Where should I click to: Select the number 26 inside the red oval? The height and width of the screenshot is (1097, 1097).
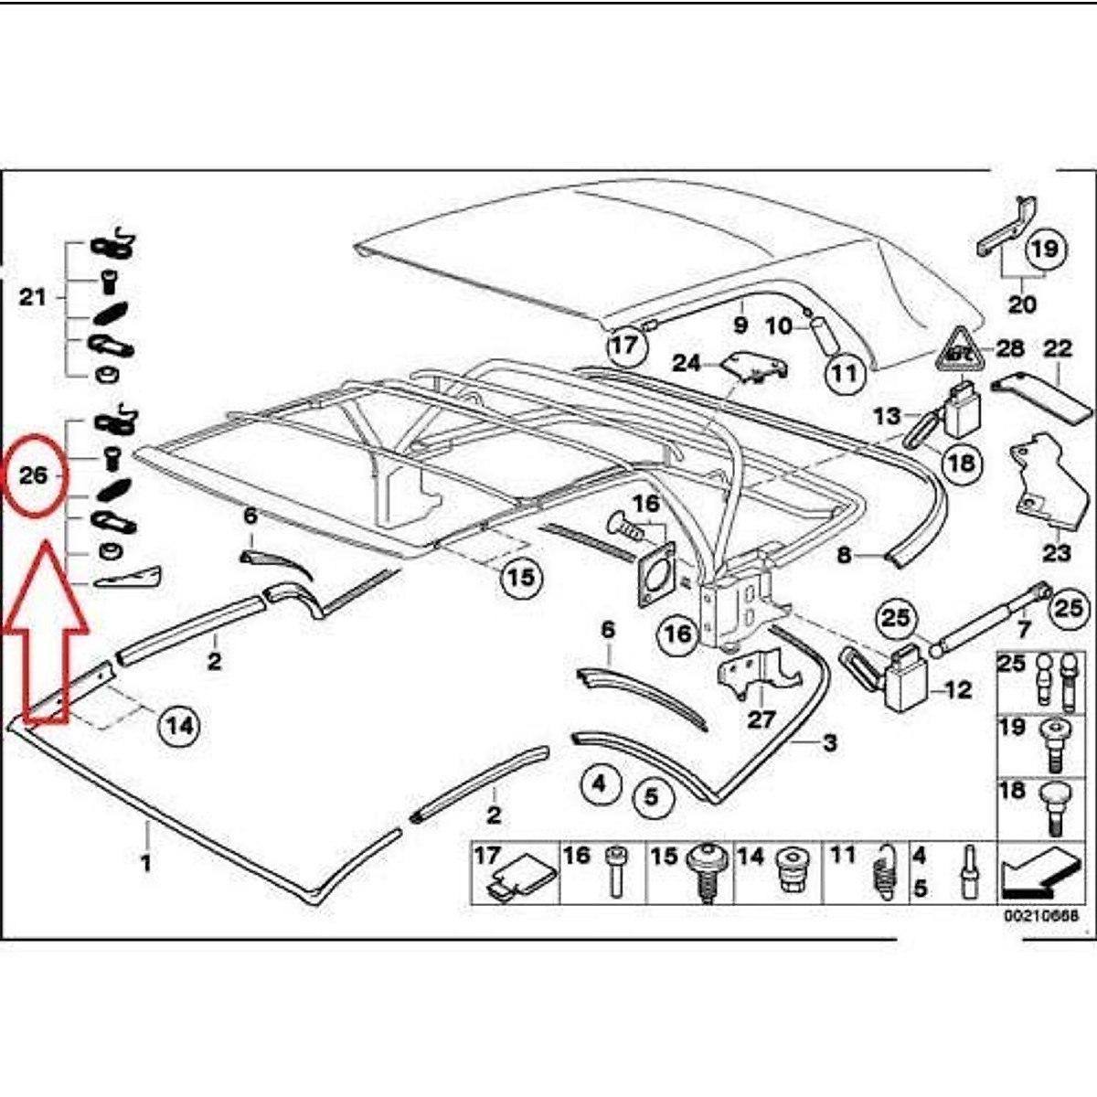(x=33, y=475)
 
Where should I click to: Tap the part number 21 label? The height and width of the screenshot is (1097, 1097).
(x=33, y=297)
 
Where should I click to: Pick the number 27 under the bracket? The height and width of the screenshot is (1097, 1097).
(x=761, y=719)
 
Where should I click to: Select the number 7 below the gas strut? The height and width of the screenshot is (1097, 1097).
(x=1023, y=629)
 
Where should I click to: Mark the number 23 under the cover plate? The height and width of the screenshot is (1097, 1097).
(x=1056, y=554)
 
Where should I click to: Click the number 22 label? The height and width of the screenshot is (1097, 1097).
(x=1058, y=348)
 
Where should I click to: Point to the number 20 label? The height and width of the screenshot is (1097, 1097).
(x=1021, y=304)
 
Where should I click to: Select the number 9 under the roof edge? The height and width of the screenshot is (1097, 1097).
(x=740, y=325)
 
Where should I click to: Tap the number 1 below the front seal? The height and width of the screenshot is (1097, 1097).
(x=145, y=861)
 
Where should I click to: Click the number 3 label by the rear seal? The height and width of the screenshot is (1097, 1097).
(x=829, y=742)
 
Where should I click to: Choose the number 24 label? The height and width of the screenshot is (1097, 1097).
(x=687, y=363)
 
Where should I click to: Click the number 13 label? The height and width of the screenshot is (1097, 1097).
(x=886, y=417)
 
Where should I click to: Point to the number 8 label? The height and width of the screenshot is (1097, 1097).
(x=843, y=555)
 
